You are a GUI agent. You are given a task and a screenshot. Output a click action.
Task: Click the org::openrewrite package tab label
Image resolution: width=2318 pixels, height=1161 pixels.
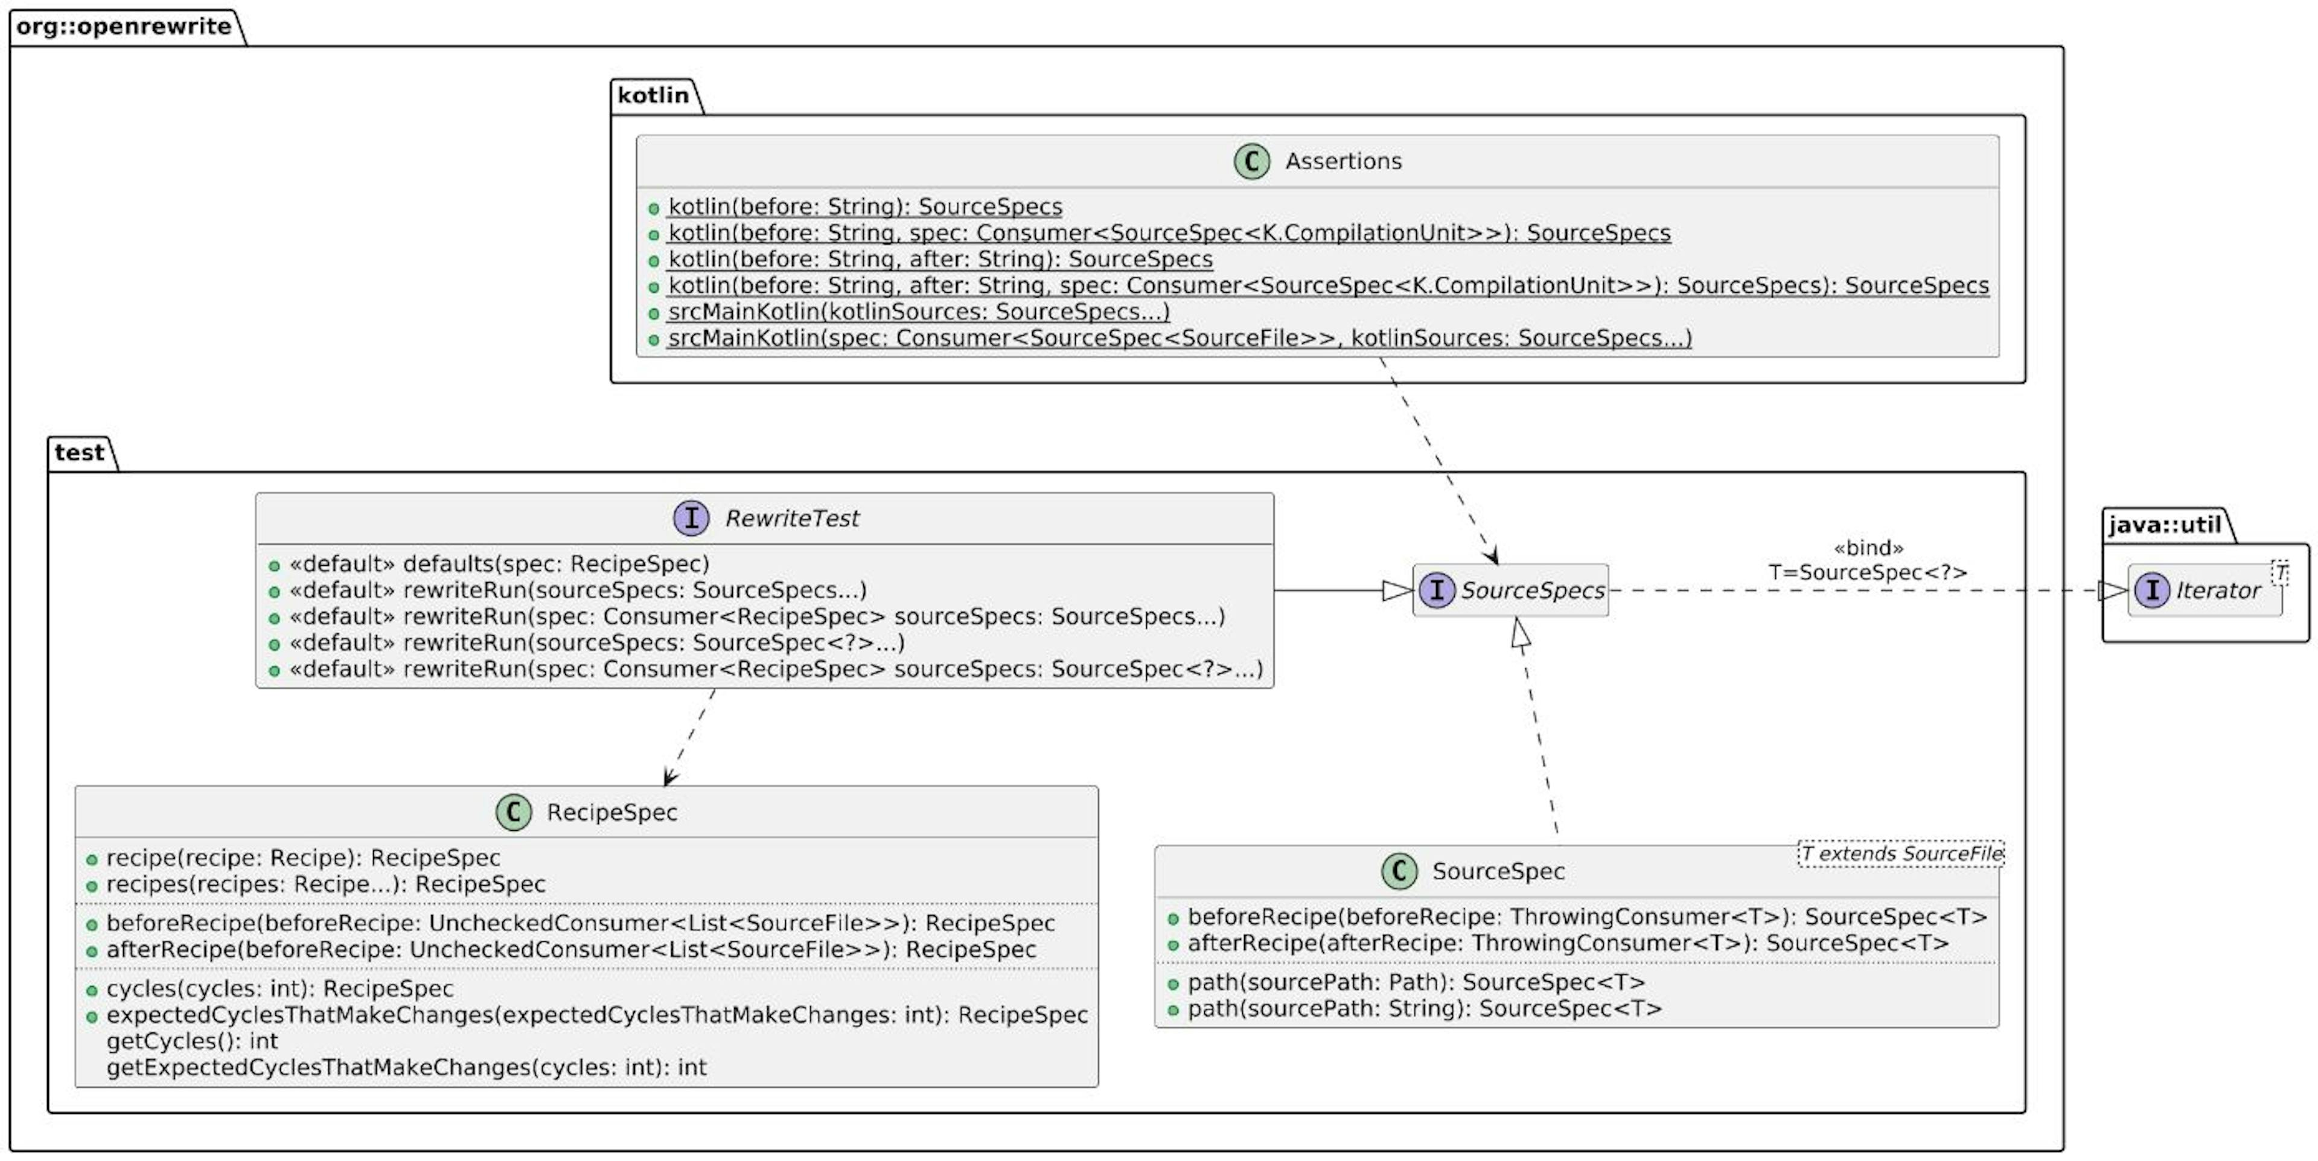click(x=123, y=27)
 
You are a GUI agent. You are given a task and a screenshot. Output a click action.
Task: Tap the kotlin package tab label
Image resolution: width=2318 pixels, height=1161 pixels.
click(x=653, y=95)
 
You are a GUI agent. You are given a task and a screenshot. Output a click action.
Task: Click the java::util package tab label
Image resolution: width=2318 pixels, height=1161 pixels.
click(x=2164, y=525)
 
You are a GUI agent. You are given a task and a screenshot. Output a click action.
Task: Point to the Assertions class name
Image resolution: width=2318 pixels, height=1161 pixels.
click(x=1343, y=161)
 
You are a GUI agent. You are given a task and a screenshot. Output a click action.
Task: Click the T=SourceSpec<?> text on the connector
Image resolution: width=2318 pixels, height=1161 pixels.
click(x=1868, y=572)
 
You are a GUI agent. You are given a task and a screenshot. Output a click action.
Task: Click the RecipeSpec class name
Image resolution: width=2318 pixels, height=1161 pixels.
click(x=612, y=812)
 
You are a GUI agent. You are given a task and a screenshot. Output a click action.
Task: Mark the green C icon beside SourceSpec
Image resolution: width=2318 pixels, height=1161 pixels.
click(x=1399, y=871)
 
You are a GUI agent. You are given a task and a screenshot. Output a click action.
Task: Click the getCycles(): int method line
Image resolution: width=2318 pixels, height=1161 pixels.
click(x=192, y=1041)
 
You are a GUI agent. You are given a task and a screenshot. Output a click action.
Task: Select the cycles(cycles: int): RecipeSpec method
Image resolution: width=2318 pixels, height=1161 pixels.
click(x=279, y=989)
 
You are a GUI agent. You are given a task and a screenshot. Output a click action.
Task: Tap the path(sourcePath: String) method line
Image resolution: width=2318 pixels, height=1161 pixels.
click(x=1423, y=1009)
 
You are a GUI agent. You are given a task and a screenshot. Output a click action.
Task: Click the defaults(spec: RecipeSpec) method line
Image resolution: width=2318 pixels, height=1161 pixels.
click(x=497, y=565)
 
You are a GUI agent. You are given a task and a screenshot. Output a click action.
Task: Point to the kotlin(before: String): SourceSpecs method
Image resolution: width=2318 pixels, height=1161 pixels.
click(x=864, y=207)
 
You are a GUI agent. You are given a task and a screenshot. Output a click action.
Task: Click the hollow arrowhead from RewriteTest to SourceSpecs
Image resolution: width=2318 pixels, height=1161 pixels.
click(x=1397, y=590)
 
